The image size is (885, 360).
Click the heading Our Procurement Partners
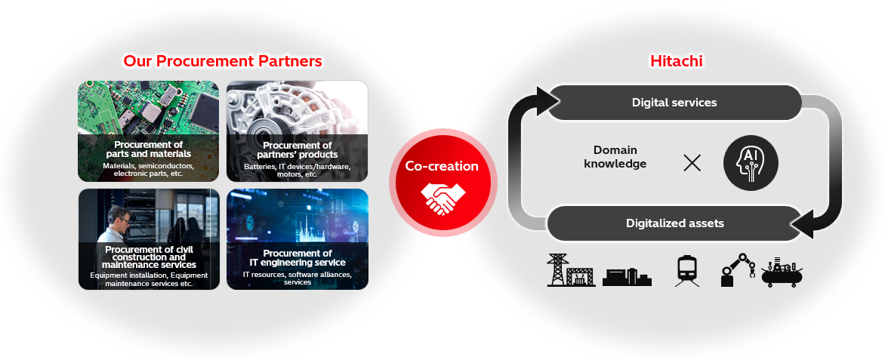(x=223, y=61)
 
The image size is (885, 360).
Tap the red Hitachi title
(x=676, y=61)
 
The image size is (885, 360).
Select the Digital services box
(x=674, y=102)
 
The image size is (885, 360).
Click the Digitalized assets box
(x=674, y=223)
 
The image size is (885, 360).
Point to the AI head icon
(x=750, y=162)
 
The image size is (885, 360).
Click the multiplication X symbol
(x=692, y=162)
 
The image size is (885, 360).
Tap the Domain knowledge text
(x=615, y=157)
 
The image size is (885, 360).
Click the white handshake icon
(x=443, y=197)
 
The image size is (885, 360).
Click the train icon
(x=687, y=269)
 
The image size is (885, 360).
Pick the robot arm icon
(x=738, y=269)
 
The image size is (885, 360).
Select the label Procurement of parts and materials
(x=148, y=149)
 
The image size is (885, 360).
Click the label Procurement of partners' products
(x=297, y=149)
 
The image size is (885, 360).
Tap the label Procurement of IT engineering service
(x=297, y=257)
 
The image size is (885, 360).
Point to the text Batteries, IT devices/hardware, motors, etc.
(x=297, y=169)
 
